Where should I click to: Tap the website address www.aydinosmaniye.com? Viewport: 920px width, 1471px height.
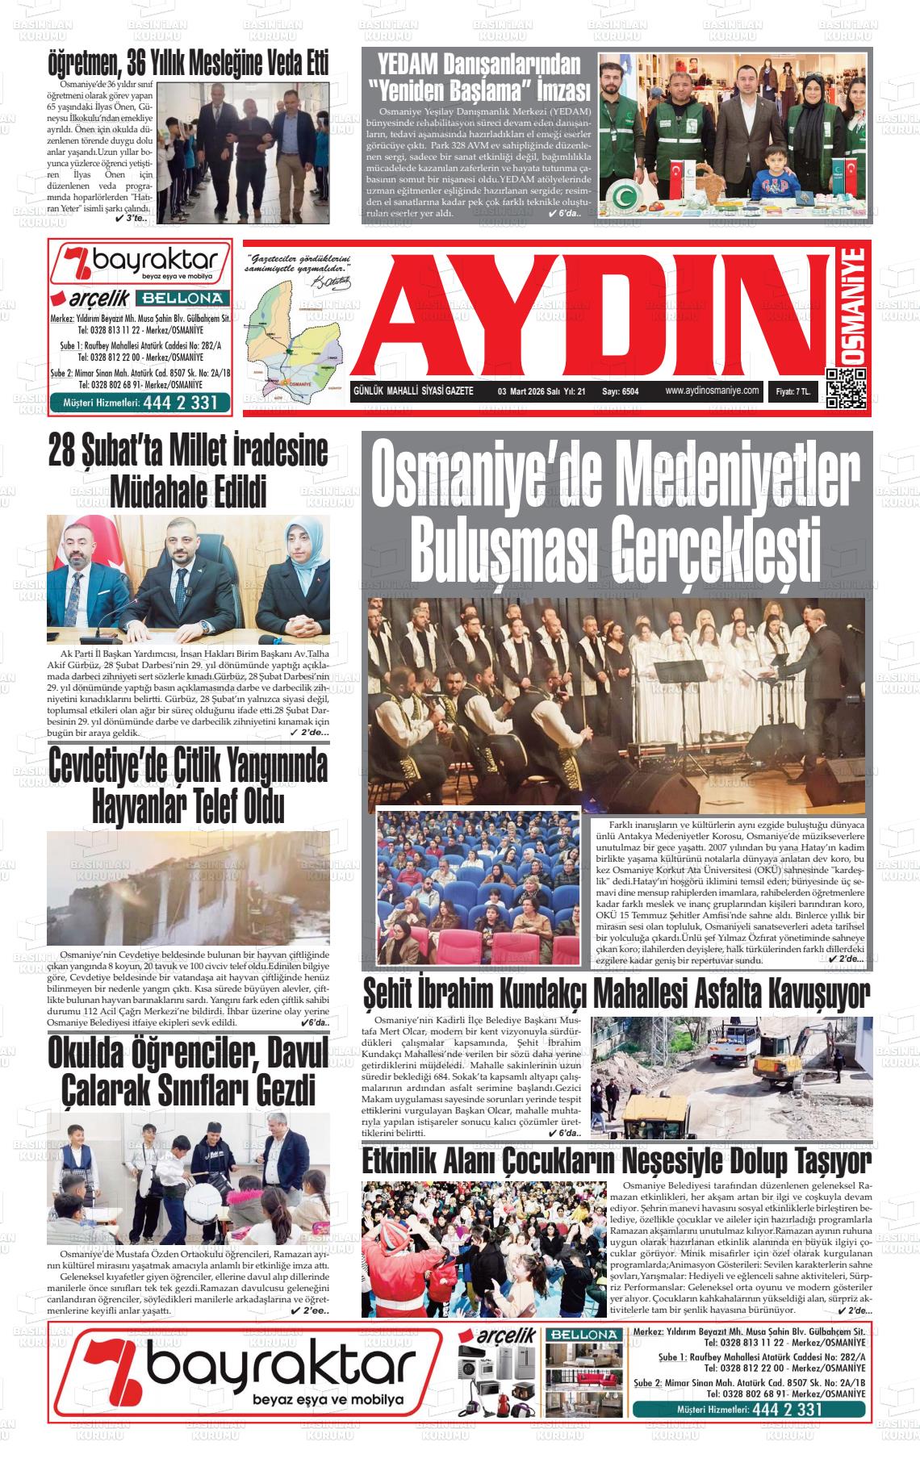point(713,391)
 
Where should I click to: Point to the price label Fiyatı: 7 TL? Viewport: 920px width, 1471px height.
point(793,391)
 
